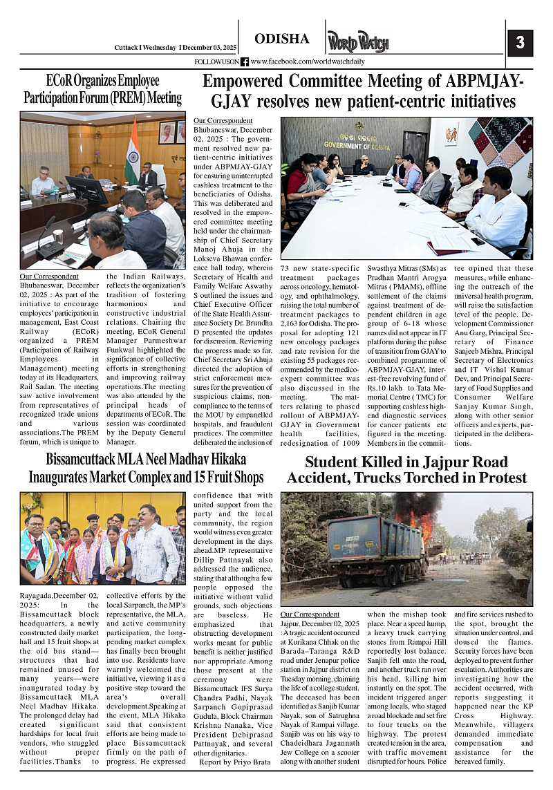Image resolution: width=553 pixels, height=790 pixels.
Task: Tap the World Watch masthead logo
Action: point(357,42)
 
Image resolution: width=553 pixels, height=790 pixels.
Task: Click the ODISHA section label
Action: point(282,39)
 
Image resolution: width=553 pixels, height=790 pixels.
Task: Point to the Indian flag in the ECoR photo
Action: point(132,151)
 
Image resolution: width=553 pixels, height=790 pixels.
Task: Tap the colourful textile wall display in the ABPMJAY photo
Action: point(509,146)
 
